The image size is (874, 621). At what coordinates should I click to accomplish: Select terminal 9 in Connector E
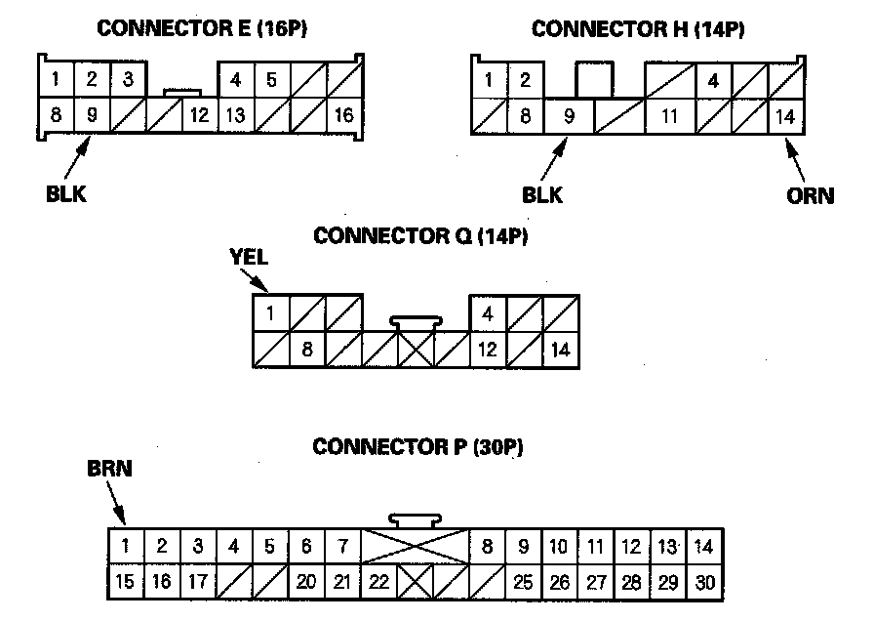coord(92,115)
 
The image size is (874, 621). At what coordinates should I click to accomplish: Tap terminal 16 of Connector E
coord(343,115)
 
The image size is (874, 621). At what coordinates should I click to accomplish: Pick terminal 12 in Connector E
coord(199,115)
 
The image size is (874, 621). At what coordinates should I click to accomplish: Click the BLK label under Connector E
coord(66,193)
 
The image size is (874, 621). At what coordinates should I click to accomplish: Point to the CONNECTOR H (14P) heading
coord(638,29)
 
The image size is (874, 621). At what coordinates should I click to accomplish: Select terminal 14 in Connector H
coord(785,116)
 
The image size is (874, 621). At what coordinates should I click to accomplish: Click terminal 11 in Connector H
coord(669,116)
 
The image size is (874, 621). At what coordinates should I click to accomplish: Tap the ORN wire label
coord(811,195)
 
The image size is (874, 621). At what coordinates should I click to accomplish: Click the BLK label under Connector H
coord(542,194)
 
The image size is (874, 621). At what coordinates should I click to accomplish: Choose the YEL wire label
coord(248,258)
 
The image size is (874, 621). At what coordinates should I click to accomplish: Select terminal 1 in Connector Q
coord(270,313)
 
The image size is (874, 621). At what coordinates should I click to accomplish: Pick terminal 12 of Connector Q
coord(487,349)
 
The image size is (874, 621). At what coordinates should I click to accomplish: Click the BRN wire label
coord(110,470)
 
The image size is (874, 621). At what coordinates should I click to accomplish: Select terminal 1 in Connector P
coord(125,546)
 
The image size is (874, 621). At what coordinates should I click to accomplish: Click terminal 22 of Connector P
coord(379,582)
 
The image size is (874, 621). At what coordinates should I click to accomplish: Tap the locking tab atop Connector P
coord(415,520)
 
